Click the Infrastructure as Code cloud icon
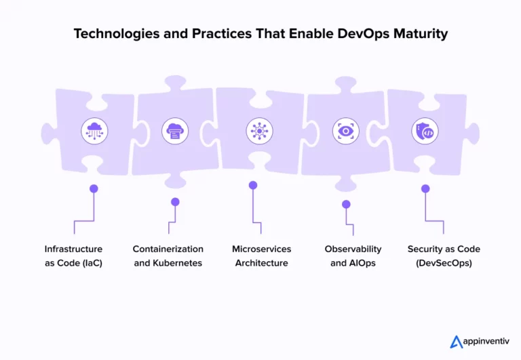(94, 131)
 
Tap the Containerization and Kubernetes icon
(175, 131)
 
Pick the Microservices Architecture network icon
(259, 131)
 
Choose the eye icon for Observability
(345, 131)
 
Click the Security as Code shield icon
(425, 131)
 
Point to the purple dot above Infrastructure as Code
(94, 188)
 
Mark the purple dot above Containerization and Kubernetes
(175, 201)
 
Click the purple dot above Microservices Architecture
(253, 185)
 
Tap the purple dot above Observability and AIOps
(346, 203)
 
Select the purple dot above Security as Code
(425, 188)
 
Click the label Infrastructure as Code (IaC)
(73, 256)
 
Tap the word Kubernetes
(177, 263)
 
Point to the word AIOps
(365, 263)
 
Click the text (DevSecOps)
(443, 263)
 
